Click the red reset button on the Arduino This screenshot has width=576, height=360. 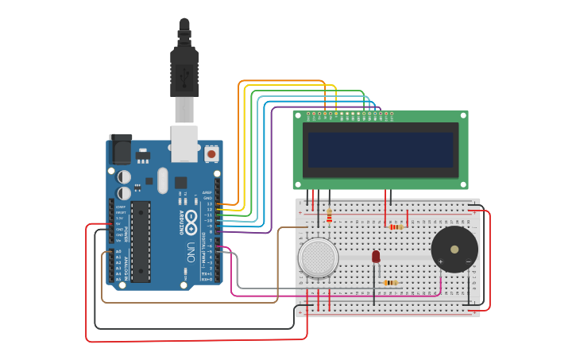(x=212, y=153)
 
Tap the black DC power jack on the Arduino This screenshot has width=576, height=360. (x=120, y=149)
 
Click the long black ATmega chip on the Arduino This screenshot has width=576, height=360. (x=141, y=241)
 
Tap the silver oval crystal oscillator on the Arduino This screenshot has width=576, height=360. (x=163, y=180)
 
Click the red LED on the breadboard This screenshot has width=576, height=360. (x=376, y=257)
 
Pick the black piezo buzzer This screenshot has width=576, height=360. (x=454, y=249)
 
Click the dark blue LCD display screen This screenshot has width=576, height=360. (x=381, y=149)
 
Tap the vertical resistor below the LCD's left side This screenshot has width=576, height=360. (x=329, y=214)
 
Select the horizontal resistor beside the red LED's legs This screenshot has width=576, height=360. (x=390, y=282)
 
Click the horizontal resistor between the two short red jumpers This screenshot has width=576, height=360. (x=396, y=226)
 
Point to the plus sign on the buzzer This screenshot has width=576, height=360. (x=440, y=261)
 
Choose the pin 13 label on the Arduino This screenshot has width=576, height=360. (x=210, y=204)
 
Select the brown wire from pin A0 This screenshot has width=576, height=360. (x=191, y=302)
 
